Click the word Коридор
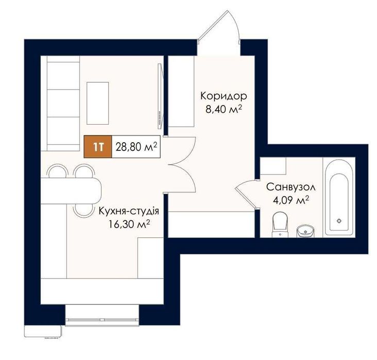[224, 96]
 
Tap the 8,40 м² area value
[224, 109]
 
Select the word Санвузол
[291, 187]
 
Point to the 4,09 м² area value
[290, 200]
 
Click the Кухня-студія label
[129, 211]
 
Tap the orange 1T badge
[98, 147]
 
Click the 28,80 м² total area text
[136, 147]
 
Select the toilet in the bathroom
[280, 225]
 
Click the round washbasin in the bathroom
[305, 231]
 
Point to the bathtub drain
[339, 220]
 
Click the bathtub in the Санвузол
[339, 197]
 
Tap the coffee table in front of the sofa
[98, 103]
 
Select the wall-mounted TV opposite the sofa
[161, 96]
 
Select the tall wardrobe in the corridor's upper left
[181, 91]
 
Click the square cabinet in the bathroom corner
[273, 166]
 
